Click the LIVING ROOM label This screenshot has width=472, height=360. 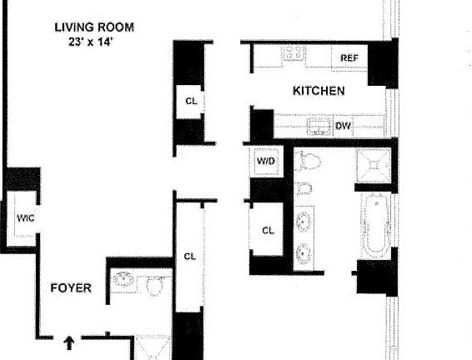pos(94,27)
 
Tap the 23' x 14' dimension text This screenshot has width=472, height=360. pos(90,42)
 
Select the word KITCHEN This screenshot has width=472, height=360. pos(319,91)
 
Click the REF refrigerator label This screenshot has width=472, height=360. pos(349,57)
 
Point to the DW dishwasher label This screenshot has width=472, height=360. pos(344,125)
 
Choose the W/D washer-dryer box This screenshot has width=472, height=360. pos(266,161)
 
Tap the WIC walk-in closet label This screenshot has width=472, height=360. pos(26,217)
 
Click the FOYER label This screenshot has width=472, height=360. pos(71,288)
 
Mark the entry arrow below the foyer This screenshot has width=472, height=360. pos(69,343)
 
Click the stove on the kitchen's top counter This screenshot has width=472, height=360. pos(294,54)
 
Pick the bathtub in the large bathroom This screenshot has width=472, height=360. pos(375,225)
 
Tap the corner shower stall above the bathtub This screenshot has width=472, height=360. pos(374,165)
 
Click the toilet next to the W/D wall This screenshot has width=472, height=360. pos(308,161)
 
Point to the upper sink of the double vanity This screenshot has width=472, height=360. pos(304,221)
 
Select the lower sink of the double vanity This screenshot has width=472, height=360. pos(304,252)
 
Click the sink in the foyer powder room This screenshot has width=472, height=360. pos(123,280)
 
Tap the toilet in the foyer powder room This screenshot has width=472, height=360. pos(156,286)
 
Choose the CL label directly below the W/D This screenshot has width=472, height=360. pos(268,230)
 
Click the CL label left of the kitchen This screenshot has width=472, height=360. pos(192,101)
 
